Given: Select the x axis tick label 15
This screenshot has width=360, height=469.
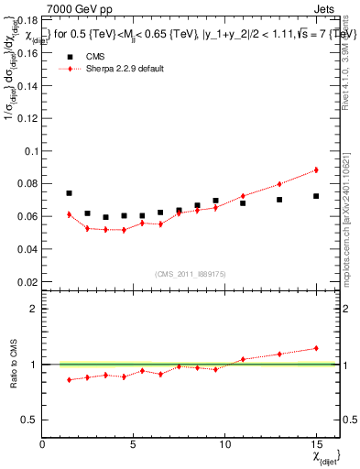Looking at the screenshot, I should [x=316, y=445].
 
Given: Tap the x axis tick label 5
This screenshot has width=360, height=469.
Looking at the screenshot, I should [x=134, y=445].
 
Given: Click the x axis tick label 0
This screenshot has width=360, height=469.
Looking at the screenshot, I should [x=43, y=445].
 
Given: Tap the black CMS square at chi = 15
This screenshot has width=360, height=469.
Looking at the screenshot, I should [x=316, y=196].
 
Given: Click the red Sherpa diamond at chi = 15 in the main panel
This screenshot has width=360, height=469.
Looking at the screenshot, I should [x=316, y=169].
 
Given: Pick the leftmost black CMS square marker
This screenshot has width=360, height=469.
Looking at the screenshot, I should [x=70, y=193].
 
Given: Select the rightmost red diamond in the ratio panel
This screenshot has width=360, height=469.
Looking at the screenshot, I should [x=316, y=348].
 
